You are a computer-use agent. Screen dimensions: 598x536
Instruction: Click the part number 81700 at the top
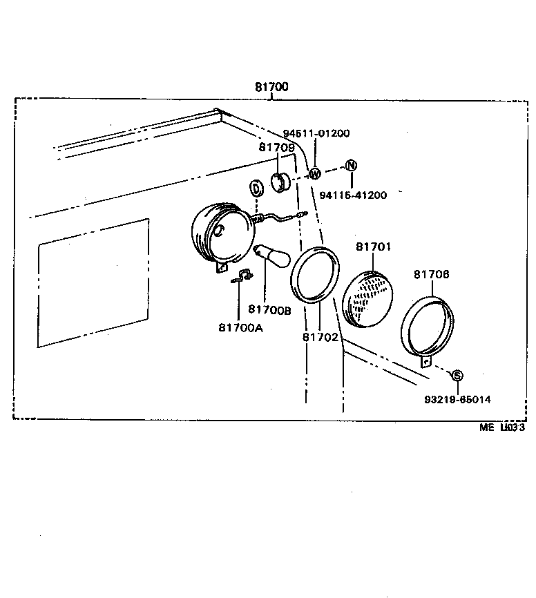tap(271, 87)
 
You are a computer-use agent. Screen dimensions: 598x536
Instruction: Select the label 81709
tap(277, 147)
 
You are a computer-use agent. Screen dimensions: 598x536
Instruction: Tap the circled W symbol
tap(314, 173)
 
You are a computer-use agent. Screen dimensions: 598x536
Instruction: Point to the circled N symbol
tap(351, 165)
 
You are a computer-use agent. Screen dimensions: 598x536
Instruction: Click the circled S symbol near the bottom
tap(457, 375)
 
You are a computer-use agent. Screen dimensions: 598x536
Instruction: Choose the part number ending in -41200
tap(353, 195)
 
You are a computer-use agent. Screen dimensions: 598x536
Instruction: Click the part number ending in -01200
tap(316, 133)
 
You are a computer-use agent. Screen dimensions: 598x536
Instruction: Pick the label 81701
tap(374, 247)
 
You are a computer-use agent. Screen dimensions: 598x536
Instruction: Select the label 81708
tap(432, 274)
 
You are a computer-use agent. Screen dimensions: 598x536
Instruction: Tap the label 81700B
tap(269, 311)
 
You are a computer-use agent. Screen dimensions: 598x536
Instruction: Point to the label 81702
tap(320, 337)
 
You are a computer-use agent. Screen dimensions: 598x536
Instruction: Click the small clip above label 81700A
tap(240, 277)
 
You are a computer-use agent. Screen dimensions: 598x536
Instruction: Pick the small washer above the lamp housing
tap(256, 188)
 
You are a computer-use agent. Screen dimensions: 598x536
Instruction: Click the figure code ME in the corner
tap(488, 427)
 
